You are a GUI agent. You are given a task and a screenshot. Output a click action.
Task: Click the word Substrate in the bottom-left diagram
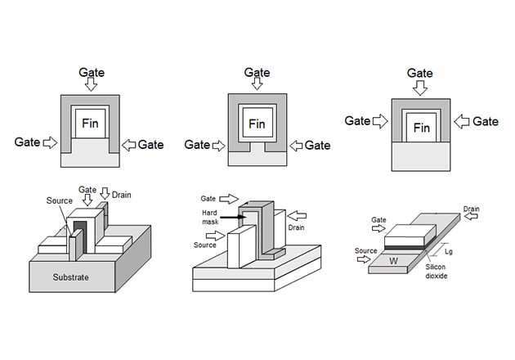pos(65,277)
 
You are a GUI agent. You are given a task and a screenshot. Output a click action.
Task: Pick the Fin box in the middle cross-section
pos(257,124)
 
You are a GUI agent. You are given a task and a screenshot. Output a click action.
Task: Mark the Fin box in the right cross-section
pos(422,128)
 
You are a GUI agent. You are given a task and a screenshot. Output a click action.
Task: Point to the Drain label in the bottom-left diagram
pos(121,195)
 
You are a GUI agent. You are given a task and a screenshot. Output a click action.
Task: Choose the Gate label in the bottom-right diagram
pos(378,219)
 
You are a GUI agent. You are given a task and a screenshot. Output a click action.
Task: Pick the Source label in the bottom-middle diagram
pos(205,245)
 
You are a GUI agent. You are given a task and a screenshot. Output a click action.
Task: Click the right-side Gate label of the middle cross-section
pos(317,145)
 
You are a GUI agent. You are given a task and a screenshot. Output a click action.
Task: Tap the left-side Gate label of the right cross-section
pos(357,121)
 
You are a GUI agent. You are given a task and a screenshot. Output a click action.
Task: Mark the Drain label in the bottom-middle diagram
pos(299,227)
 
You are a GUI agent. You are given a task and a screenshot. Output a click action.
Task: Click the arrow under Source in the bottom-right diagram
pos(360,262)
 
